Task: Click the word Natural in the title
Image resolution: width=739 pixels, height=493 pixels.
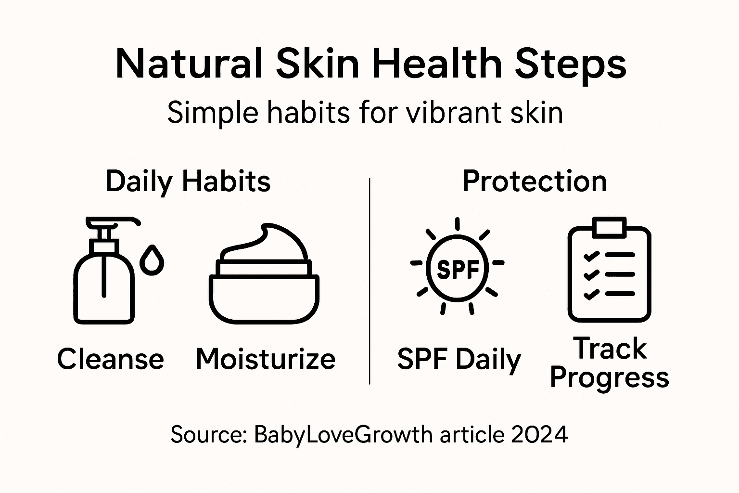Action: coord(189,64)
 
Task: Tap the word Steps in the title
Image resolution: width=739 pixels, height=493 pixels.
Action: coord(571,65)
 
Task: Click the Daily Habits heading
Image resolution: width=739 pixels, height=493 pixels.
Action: coord(188,182)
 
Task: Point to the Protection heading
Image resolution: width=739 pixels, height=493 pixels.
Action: coord(535,182)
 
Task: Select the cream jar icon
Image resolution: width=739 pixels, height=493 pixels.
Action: coord(264,289)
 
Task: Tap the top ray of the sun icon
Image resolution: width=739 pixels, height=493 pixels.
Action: coord(457,224)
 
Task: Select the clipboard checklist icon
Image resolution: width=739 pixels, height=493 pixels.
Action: coord(609,272)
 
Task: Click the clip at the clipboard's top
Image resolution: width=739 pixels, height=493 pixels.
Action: coord(609,227)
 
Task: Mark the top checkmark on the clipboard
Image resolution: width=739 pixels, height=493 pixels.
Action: coord(590,256)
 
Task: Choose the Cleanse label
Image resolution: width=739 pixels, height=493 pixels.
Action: coord(111,359)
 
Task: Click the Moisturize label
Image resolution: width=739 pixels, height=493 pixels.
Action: coord(265,359)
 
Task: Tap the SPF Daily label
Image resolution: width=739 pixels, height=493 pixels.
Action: coord(459,359)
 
